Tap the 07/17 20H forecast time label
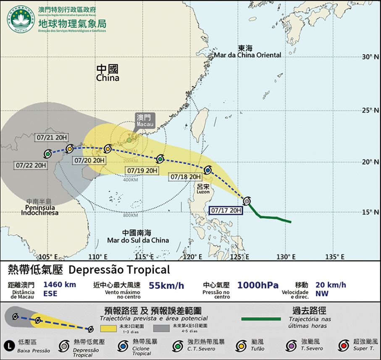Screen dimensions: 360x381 pos(227,210)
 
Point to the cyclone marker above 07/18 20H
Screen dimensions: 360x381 pos(208,170)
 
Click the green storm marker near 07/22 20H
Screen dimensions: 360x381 pos(47,154)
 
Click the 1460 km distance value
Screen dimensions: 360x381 pos(59,285)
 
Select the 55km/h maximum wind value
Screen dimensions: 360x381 pos(166,286)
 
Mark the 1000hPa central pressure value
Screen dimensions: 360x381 pos(258,285)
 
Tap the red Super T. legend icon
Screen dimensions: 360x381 pos(343,345)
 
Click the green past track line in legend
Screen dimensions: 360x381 pos(261,319)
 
